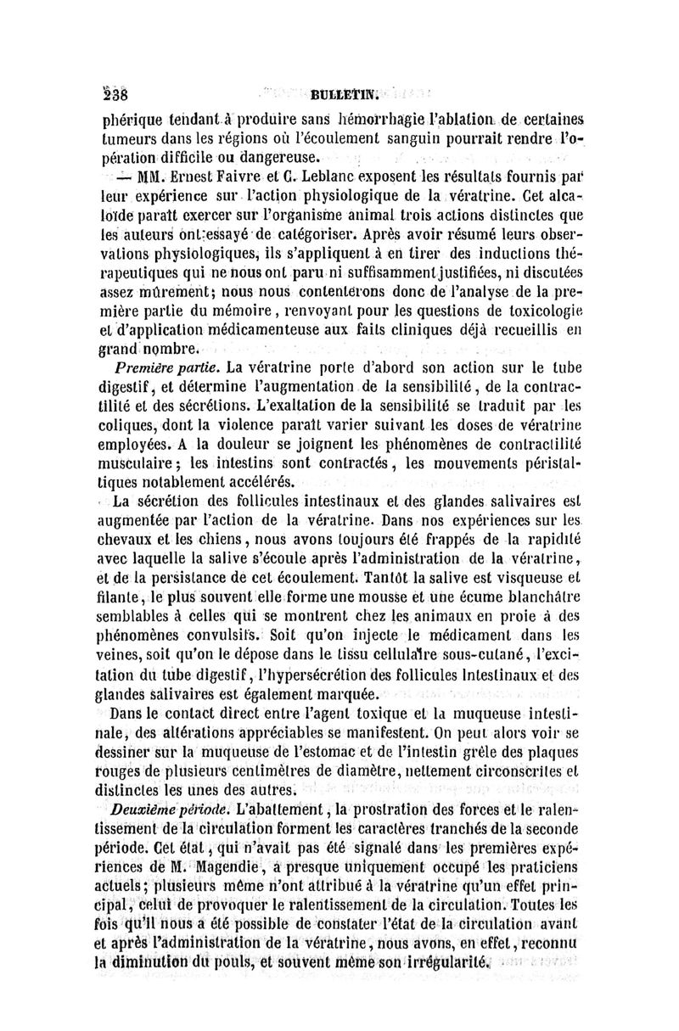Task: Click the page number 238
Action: [x=113, y=92]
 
